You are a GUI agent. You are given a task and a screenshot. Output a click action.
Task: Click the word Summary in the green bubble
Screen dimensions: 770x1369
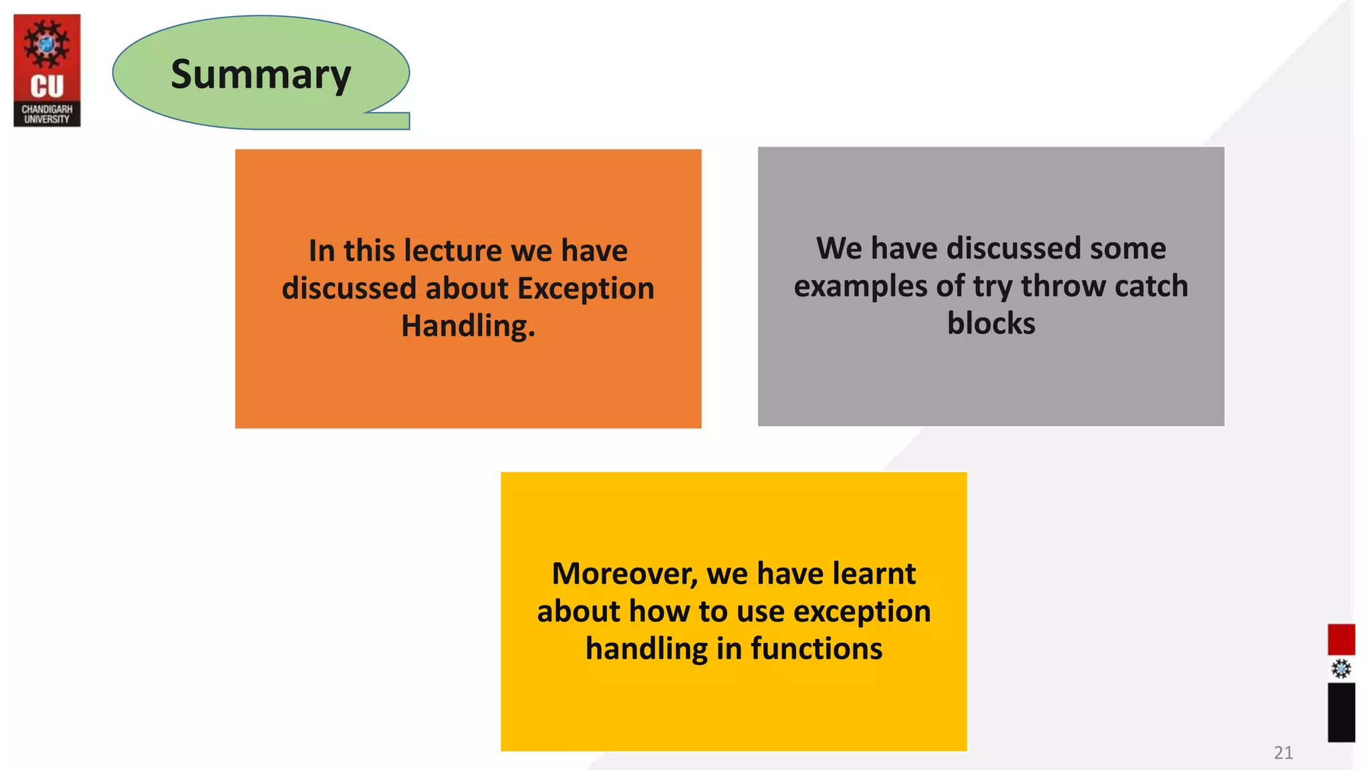tap(261, 74)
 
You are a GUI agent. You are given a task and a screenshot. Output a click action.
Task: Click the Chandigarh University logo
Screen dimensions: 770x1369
tap(47, 70)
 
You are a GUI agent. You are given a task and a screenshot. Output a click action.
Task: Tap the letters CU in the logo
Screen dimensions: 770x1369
tap(47, 87)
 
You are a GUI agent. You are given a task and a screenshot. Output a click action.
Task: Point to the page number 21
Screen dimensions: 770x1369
tap(1283, 753)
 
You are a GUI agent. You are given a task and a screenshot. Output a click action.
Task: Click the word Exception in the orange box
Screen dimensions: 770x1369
tap(586, 289)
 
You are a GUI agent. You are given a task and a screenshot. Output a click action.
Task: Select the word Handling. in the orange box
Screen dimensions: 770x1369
tap(468, 326)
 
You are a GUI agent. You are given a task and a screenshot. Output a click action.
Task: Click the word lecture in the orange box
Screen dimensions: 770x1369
tap(453, 251)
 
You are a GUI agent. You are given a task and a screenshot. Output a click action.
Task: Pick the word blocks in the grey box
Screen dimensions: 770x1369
tap(991, 324)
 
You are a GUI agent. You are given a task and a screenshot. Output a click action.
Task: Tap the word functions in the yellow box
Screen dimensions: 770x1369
tap(816, 649)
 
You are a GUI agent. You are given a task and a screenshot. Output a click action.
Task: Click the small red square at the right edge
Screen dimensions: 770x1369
tap(1340, 640)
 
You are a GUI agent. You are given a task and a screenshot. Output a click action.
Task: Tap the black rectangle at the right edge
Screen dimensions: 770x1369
tap(1340, 713)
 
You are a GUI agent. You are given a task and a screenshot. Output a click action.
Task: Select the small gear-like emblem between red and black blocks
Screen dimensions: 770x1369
tap(1340, 669)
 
